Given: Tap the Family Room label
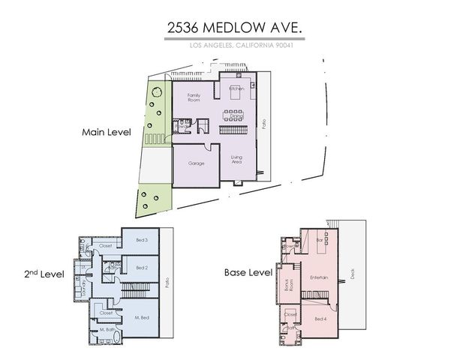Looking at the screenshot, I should (x=194, y=97).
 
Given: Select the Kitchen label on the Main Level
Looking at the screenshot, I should (x=236, y=89).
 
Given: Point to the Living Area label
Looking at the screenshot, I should (x=235, y=159).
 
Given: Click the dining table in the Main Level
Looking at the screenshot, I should (x=235, y=114).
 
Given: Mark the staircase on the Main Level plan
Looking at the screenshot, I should (x=233, y=130).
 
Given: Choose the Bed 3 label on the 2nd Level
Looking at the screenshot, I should (x=141, y=240).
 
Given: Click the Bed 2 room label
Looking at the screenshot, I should (x=141, y=267).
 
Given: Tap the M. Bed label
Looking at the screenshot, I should (x=143, y=318).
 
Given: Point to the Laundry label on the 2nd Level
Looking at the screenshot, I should (x=85, y=278).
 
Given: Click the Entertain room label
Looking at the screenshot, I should (x=320, y=277).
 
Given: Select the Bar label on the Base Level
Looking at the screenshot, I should (x=319, y=240).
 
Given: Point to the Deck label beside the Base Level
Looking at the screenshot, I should (x=353, y=274).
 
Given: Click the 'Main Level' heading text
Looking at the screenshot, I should (x=106, y=132).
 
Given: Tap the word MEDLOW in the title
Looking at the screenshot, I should (x=236, y=29).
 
